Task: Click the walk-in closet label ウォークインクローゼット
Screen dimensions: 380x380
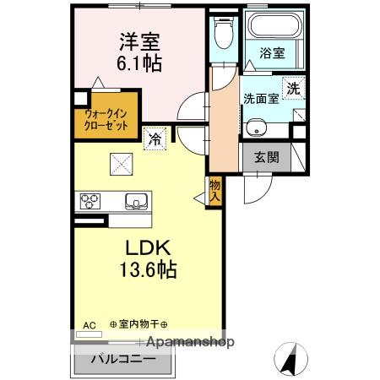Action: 106,117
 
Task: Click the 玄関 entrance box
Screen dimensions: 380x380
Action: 262,157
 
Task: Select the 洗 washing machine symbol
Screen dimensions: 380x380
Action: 292,87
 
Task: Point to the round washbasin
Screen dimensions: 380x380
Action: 258,128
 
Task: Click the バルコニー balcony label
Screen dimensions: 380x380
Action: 122,358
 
